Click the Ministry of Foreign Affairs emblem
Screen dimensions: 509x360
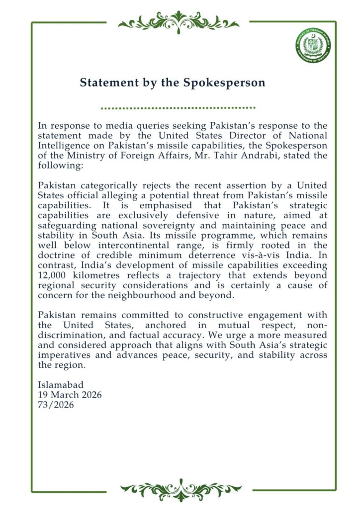pyautogui.click(x=312, y=46)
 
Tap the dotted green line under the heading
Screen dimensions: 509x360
pyautogui.click(x=178, y=107)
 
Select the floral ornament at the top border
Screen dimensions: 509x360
pyautogui.click(x=178, y=22)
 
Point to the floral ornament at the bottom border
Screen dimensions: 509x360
pyautogui.click(x=180, y=490)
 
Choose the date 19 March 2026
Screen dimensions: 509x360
pyautogui.click(x=70, y=395)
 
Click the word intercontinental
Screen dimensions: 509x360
pyautogui.click(x=142, y=245)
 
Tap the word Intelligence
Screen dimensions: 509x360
pyautogui.click(x=64, y=146)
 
